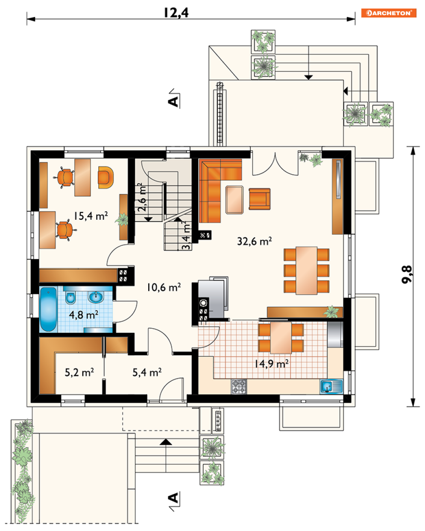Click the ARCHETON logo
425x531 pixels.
[388, 13]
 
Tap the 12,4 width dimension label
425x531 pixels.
[176, 13]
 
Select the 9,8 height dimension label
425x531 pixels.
[407, 274]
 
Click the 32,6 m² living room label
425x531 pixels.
[254, 241]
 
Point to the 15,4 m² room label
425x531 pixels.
[91, 216]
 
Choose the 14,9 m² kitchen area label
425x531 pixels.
[271, 363]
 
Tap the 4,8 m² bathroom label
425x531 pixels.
[83, 315]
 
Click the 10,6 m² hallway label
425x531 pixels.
[164, 287]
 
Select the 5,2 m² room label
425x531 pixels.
[79, 372]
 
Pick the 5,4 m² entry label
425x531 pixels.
[147, 372]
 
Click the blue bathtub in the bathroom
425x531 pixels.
[48, 309]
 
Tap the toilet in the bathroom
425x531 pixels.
[70, 298]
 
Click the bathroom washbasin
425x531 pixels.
[96, 297]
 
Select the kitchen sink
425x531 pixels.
[331, 386]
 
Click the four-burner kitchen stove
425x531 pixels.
[238, 387]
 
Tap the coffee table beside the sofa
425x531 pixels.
[234, 200]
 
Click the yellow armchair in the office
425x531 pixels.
[106, 177]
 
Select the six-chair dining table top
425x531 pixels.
[306, 271]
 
